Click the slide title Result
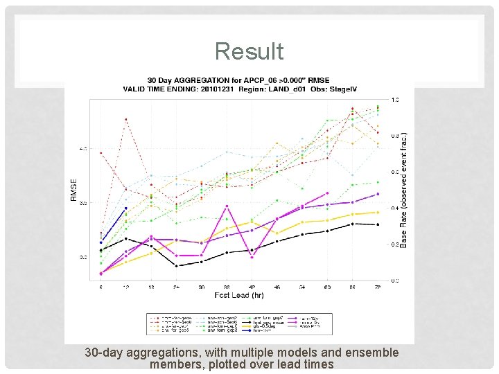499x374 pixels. pyautogui.click(x=249, y=51)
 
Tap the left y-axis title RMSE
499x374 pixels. pyautogui.click(x=74, y=189)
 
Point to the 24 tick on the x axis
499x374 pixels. pyautogui.click(x=177, y=286)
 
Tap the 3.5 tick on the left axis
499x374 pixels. pyautogui.click(x=83, y=203)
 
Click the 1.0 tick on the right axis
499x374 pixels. pyautogui.click(x=394, y=100)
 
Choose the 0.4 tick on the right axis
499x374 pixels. pyautogui.click(x=394, y=208)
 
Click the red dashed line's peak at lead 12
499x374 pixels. pyautogui.click(x=126, y=119)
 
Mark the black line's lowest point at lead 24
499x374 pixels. pyautogui.click(x=177, y=265)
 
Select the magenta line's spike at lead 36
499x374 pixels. pyautogui.click(x=227, y=206)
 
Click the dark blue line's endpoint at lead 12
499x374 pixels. pyautogui.click(x=126, y=208)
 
